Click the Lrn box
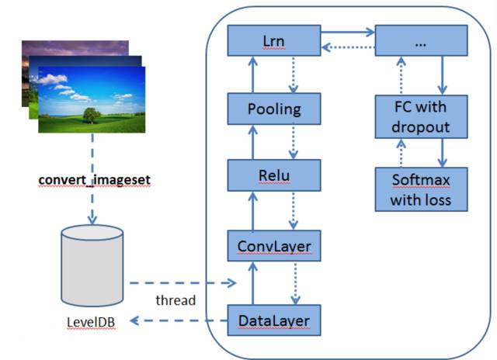(x=274, y=40)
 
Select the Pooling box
(x=274, y=109)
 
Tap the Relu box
(x=274, y=175)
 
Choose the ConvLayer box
(x=274, y=247)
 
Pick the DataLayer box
(x=274, y=319)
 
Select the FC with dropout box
(x=422, y=116)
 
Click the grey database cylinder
(x=92, y=267)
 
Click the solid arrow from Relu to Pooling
(x=252, y=142)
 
